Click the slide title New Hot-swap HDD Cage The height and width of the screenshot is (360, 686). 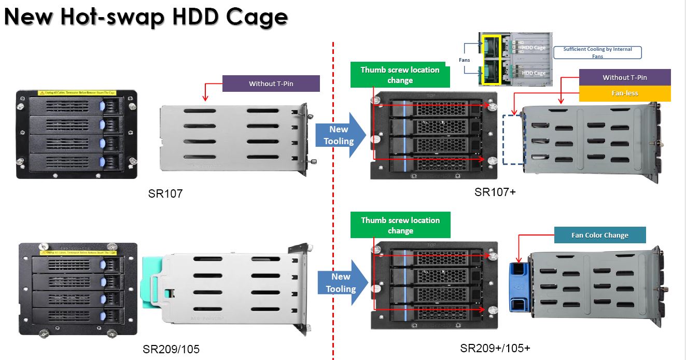pos(146,17)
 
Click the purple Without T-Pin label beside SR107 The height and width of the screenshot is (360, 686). pos(269,84)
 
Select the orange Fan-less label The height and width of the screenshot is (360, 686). pos(624,93)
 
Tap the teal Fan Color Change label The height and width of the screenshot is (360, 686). pos(599,235)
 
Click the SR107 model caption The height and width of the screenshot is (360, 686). pos(165,194)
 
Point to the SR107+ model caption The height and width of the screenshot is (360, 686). pos(495,192)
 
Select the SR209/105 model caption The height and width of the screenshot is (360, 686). pos(171,350)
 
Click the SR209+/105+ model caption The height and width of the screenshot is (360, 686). pos(495,348)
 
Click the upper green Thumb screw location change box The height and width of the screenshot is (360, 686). pos(400,75)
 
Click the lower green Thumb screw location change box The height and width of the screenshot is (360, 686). pos(400,225)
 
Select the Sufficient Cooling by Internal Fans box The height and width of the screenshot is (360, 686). pos(597,52)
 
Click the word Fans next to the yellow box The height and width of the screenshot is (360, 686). pos(465,60)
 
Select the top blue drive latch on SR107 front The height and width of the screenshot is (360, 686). pos(102,106)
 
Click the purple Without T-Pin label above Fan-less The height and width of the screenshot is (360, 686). pos(624,77)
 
